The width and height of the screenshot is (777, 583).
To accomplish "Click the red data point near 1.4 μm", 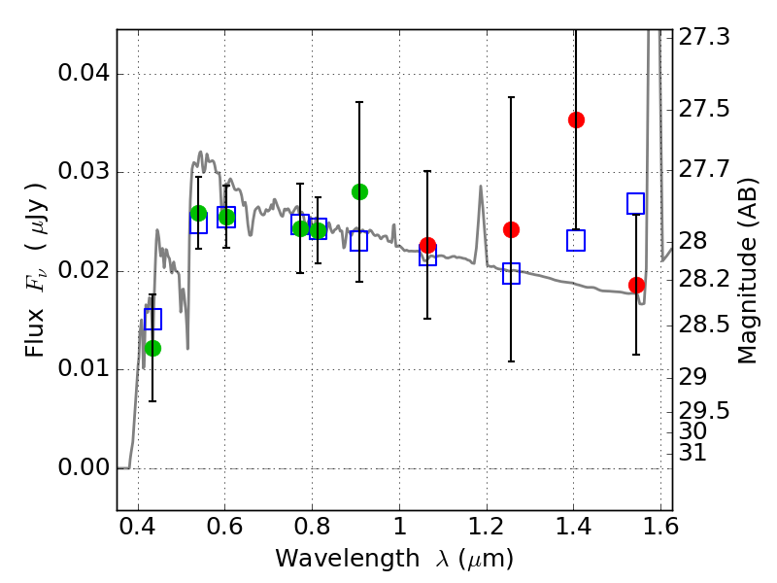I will [576, 120].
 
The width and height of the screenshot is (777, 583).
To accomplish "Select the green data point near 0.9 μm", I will [359, 191].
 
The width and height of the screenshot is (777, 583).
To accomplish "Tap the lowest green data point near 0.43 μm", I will [152, 348].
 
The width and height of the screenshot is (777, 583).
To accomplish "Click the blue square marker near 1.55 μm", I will [636, 203].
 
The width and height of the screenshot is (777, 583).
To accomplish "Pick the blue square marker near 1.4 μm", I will [576, 241].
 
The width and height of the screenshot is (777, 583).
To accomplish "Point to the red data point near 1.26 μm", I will [512, 229].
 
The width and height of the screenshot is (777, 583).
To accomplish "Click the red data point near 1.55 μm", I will [636, 285].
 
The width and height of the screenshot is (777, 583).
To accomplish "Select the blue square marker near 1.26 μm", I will [512, 274].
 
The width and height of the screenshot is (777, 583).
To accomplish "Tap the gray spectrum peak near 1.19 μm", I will [480, 187].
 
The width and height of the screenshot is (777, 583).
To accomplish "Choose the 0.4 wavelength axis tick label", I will [138, 530].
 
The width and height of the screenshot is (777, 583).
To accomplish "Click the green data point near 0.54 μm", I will [199, 213].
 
